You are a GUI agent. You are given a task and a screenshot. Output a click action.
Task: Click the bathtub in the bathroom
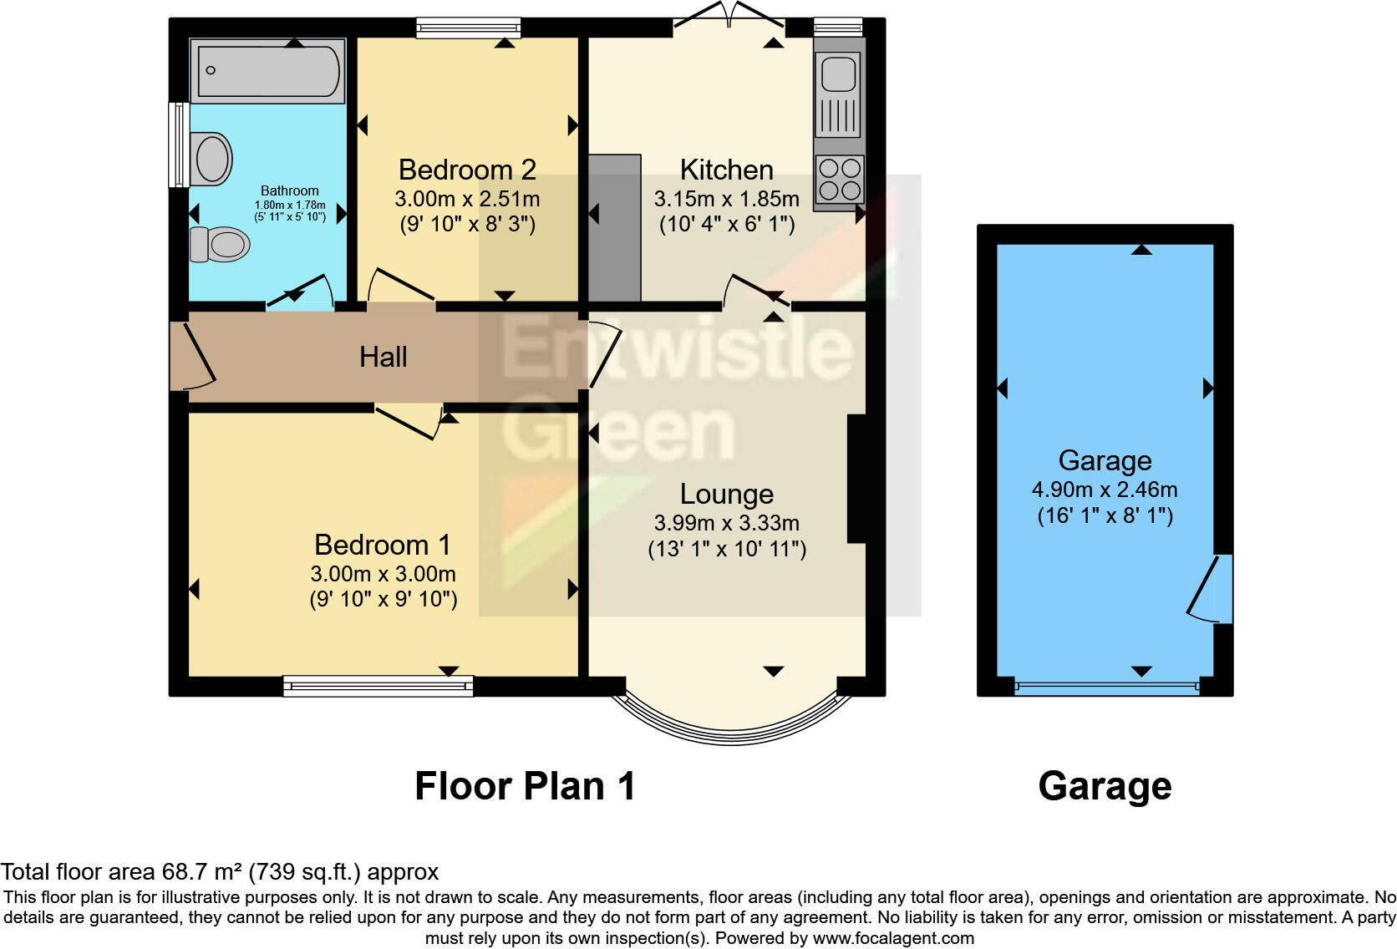[267, 71]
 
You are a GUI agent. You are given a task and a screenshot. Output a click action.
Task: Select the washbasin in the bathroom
[212, 159]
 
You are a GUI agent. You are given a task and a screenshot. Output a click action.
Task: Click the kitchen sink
[839, 74]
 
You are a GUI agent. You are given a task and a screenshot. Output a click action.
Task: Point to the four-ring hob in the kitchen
[840, 179]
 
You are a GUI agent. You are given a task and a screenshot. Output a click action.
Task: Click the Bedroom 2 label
[467, 170]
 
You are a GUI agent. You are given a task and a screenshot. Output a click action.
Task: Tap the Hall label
[383, 357]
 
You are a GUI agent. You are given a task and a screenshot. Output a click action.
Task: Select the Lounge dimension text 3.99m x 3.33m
[726, 523]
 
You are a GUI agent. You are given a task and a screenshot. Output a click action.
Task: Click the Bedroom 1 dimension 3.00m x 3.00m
[383, 574]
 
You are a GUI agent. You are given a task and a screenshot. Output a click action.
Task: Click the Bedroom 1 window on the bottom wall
[378, 687]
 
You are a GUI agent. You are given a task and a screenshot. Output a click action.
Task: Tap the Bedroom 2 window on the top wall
[468, 28]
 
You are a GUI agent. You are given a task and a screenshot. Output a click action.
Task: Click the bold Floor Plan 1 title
[525, 786]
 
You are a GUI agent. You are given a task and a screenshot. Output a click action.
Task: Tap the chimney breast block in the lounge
[856, 480]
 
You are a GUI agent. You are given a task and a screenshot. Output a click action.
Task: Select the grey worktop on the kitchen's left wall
[615, 227]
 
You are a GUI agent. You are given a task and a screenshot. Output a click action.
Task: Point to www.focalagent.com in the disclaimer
[892, 937]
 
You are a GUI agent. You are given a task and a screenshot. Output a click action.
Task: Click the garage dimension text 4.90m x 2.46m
[1105, 490]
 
